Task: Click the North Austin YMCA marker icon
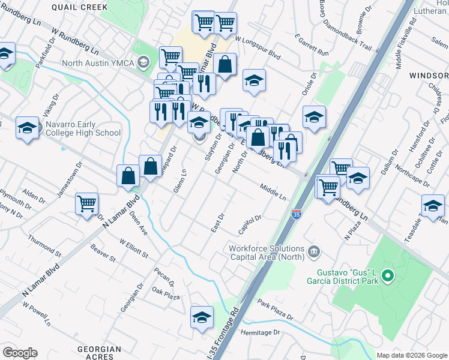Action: pos(143,62)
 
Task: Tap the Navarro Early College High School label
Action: pos(83,128)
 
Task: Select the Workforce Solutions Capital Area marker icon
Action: pos(313,251)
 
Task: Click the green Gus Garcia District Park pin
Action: pos(387,277)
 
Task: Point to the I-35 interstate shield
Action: pos(296,214)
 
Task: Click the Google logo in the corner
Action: pos(20,352)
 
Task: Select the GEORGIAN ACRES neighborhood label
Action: pos(100,352)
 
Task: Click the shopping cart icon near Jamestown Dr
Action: pos(87,204)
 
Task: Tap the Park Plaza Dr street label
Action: pos(276,310)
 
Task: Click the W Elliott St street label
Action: pos(133,248)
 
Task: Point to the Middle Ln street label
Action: pos(273,191)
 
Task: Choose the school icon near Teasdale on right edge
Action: pos(433,206)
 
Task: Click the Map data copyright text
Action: pos(411,355)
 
